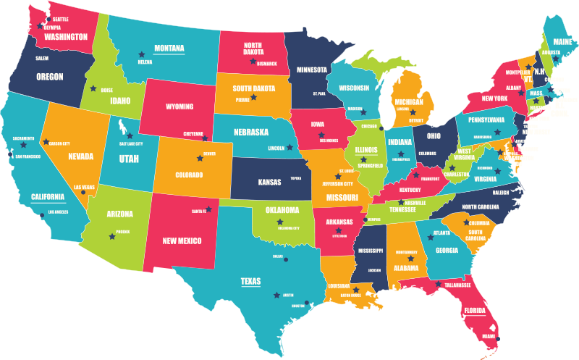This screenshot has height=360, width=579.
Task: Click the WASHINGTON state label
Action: (x=66, y=36)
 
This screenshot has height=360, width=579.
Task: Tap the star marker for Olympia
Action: (x=40, y=26)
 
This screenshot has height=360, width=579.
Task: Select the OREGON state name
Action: (x=50, y=76)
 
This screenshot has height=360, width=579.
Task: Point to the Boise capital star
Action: (x=93, y=89)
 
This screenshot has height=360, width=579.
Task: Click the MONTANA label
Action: (x=169, y=49)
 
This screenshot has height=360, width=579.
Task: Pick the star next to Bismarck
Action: (x=253, y=61)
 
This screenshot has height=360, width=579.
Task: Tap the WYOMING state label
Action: (x=179, y=106)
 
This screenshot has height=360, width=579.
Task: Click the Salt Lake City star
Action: (x=130, y=135)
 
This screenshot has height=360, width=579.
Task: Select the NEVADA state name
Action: (x=80, y=156)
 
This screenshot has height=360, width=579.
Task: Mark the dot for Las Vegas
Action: (x=83, y=192)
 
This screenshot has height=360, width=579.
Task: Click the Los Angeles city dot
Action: (x=43, y=215)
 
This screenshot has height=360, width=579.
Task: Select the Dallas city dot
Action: (x=286, y=259)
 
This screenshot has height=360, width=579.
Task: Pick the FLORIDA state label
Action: (x=475, y=311)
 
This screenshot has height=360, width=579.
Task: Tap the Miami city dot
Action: (x=499, y=339)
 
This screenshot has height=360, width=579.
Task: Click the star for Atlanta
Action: (x=431, y=237)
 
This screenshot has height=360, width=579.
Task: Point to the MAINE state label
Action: (x=564, y=42)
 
